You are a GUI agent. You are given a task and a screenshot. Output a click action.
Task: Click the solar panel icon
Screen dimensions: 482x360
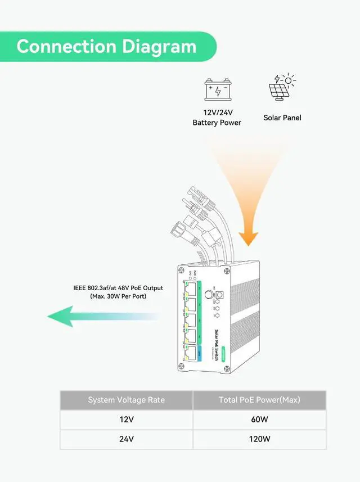click(281, 87)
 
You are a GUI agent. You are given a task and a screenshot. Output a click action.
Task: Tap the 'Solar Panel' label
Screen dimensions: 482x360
click(282, 118)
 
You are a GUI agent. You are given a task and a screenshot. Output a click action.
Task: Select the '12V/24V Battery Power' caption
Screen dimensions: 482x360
click(217, 118)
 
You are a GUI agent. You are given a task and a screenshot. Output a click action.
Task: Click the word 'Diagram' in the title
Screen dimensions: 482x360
click(158, 46)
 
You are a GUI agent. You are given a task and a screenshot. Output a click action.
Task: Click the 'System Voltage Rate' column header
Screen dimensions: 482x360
click(126, 400)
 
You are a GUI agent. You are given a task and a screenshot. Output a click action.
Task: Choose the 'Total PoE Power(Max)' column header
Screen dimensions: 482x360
click(259, 400)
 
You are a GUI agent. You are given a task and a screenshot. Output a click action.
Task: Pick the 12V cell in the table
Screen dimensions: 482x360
click(126, 419)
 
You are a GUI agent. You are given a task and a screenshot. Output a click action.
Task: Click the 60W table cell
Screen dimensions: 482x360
click(259, 419)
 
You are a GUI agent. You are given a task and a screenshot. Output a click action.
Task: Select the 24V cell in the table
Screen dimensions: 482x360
click(126, 439)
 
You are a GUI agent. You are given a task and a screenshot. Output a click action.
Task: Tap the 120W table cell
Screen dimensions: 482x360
click(259, 439)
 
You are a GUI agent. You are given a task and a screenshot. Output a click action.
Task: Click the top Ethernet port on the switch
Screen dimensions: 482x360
click(190, 290)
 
